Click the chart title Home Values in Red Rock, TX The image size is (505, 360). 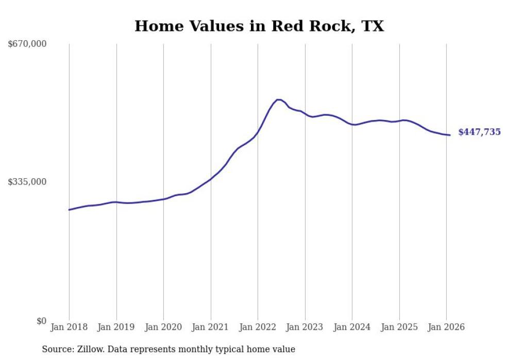(x=259, y=26)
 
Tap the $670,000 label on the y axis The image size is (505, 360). (x=27, y=44)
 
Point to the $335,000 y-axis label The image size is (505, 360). (x=27, y=182)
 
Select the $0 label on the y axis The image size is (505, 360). (x=41, y=321)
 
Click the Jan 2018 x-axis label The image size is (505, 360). (x=69, y=328)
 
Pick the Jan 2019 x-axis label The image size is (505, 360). (x=116, y=328)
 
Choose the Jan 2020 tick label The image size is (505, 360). (x=163, y=328)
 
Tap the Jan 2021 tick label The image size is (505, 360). (x=211, y=328)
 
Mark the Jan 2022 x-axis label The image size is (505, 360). (x=258, y=328)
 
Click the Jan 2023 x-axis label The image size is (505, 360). (x=305, y=328)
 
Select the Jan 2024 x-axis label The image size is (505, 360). (x=352, y=328)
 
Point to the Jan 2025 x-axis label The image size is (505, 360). (x=399, y=328)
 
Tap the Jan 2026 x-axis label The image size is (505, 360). (x=446, y=328)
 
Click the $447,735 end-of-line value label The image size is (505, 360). (x=479, y=132)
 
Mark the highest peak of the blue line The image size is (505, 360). (x=278, y=99)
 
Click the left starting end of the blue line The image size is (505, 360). (x=69, y=210)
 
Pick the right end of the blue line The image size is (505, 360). (x=450, y=135)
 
